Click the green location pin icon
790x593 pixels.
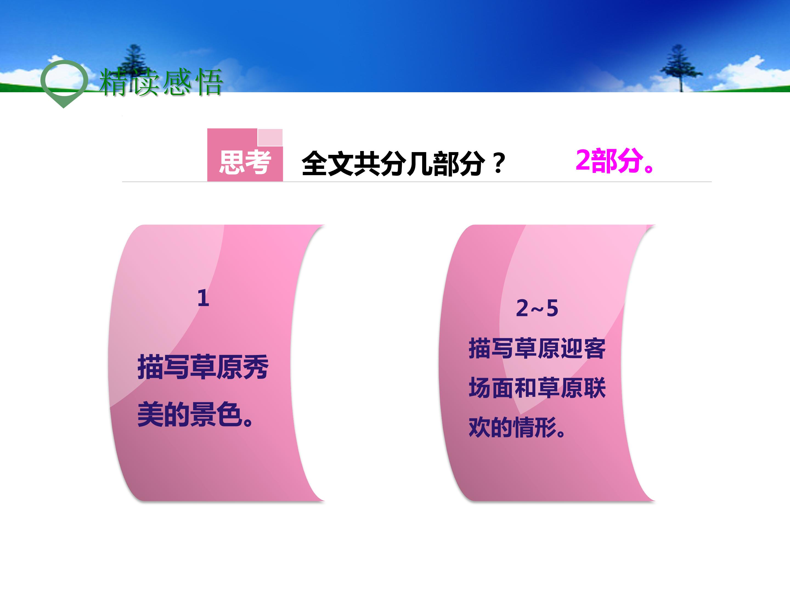(64, 83)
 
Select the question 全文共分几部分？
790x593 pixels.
(403, 164)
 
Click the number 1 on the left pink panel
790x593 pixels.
(203, 298)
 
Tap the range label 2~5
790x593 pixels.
(537, 308)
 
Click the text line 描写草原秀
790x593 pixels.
(203, 367)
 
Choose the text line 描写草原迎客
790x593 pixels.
(537, 348)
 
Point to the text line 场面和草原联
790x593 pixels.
(537, 388)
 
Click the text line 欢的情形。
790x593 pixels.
(517, 427)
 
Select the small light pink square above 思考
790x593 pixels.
(270, 137)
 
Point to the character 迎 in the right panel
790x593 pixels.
(571, 348)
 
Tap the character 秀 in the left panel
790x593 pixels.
(255, 367)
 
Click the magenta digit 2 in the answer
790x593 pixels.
(583, 161)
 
